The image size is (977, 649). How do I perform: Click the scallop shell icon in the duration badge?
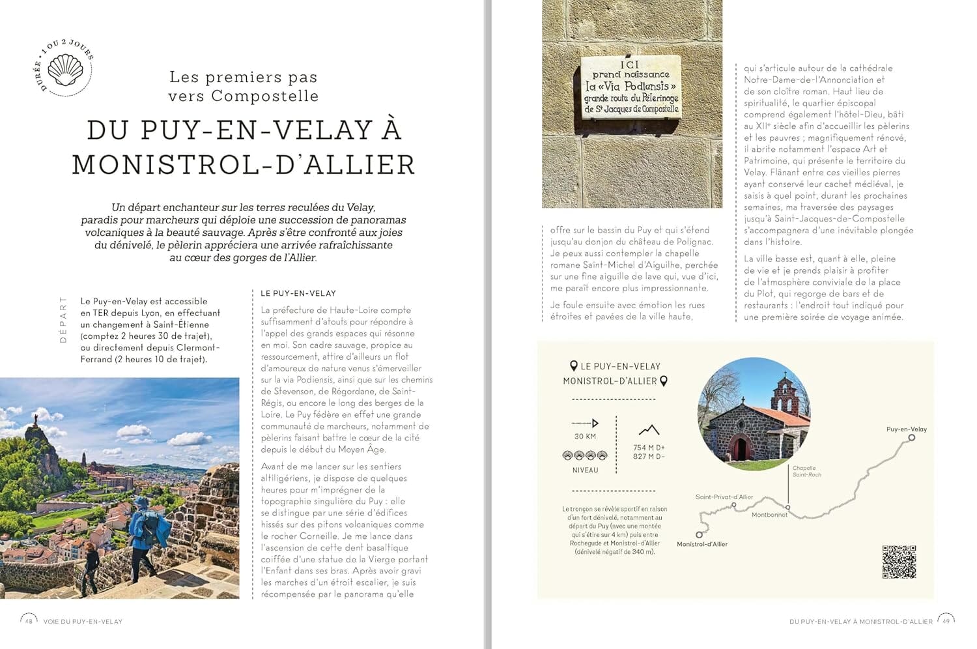tap(66, 68)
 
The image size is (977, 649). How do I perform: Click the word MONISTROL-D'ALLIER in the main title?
tap(243, 165)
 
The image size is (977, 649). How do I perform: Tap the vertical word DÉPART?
tap(63, 320)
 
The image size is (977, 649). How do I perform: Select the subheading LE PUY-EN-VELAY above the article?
tap(298, 293)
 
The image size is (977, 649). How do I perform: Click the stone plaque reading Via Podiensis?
tap(630, 87)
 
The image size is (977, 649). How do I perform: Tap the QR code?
tap(899, 562)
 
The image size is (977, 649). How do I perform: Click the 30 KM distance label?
tap(585, 437)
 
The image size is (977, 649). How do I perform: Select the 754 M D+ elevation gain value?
tap(649, 448)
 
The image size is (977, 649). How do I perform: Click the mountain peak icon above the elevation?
tap(649, 430)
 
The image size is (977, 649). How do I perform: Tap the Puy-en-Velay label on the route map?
tap(906, 429)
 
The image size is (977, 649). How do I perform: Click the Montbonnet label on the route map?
tap(769, 515)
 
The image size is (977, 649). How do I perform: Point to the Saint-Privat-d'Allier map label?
tap(724, 497)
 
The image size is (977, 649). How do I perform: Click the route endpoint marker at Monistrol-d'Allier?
tap(700, 534)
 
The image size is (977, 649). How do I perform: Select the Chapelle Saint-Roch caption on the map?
tap(806, 471)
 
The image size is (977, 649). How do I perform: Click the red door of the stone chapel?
tap(739, 449)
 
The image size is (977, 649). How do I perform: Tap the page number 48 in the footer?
tap(29, 621)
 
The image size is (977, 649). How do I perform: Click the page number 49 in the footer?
tap(946, 621)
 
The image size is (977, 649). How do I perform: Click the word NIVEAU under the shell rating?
tap(585, 470)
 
